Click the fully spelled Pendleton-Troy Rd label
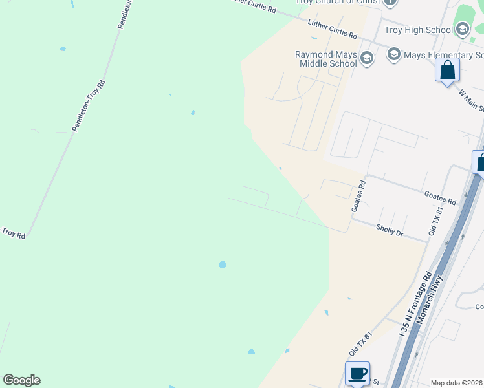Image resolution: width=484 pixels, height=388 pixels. (x=88, y=105)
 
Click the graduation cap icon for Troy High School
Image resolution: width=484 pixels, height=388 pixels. (x=462, y=29)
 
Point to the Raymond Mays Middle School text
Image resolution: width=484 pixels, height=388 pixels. (x=326, y=59)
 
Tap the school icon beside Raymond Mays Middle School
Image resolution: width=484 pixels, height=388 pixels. (x=367, y=59)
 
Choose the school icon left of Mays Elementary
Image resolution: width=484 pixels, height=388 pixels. (x=393, y=55)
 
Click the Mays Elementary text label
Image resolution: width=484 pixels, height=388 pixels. (x=443, y=55)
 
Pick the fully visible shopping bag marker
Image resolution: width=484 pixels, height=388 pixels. (x=447, y=70)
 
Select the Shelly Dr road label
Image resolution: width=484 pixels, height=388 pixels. (x=390, y=230)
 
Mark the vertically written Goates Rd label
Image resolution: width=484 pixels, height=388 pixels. (x=358, y=197)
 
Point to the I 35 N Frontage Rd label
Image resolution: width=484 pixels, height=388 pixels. (x=415, y=304)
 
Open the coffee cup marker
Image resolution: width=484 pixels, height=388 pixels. (x=357, y=373)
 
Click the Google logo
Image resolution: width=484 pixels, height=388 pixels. (x=21, y=380)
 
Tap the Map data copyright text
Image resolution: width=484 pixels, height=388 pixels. (x=456, y=383)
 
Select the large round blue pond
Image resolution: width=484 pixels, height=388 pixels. (x=223, y=264)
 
